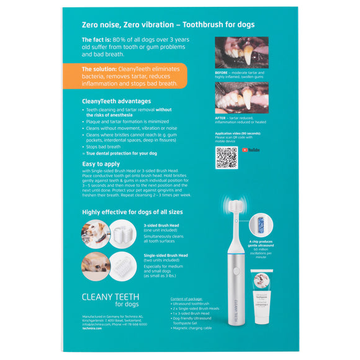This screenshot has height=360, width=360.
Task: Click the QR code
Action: pyautogui.click(x=227, y=158)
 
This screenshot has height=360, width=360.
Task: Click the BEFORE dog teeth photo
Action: pyautogui.click(x=241, y=52)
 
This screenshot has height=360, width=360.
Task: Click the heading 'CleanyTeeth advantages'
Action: pyautogui.click(x=116, y=101)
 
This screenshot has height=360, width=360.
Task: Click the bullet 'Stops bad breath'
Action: pyautogui.click(x=104, y=146)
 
